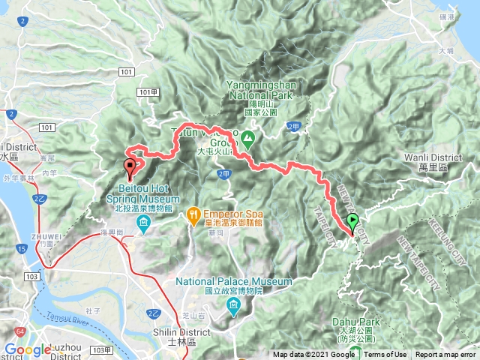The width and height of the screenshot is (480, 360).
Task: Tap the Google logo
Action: [x=27, y=349]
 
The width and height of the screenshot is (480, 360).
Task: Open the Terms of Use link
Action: [x=385, y=355]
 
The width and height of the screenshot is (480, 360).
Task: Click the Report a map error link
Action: [x=445, y=355]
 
